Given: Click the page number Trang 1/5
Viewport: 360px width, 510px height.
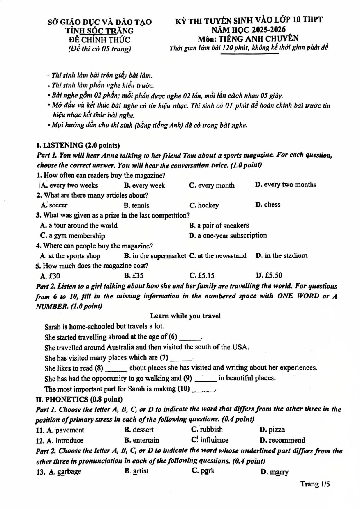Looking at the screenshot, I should coord(315,484).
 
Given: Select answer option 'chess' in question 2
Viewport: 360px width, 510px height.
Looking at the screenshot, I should coord(272,205).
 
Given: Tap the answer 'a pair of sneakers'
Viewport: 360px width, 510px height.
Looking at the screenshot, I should coord(223,225).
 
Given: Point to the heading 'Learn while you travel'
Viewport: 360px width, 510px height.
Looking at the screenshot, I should coord(185,316).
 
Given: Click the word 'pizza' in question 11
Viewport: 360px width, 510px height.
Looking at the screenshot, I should coord(276,430).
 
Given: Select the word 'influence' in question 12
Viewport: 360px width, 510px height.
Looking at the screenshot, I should coord(214,440).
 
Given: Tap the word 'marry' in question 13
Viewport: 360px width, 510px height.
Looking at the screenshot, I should coord(279,472).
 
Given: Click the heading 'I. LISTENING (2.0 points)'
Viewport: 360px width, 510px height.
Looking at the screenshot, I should coord(78,145).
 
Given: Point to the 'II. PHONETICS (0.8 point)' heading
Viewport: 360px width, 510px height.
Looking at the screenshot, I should coord(79,399).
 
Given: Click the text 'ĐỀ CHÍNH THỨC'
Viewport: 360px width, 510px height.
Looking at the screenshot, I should coord(99,40).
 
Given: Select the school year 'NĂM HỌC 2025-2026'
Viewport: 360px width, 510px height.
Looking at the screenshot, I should coord(248,30).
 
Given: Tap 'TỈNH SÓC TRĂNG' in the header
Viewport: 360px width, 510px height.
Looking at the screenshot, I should coord(99,31).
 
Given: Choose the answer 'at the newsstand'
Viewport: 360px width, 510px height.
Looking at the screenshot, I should coord(222,256).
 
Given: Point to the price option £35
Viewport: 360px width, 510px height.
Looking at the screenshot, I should coord(138,275).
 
